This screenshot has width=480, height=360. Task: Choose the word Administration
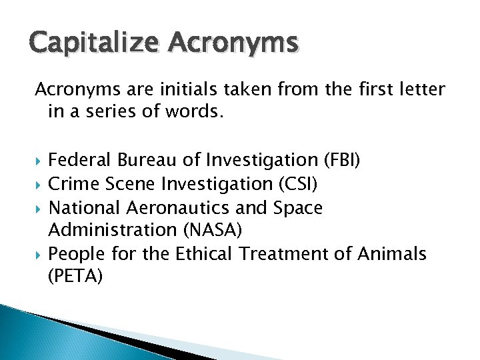pyautogui.click(x=106, y=231)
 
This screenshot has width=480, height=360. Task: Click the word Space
pyautogui.click(x=297, y=207)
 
